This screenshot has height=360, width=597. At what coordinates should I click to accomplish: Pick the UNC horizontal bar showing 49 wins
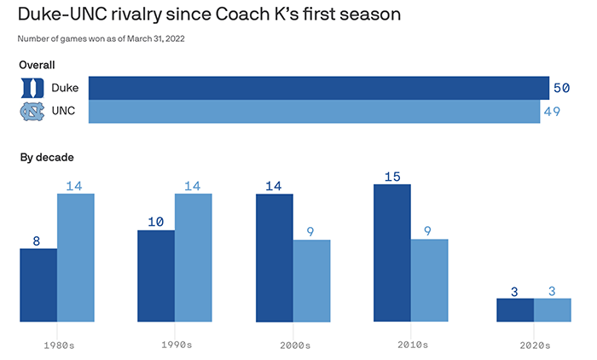315,111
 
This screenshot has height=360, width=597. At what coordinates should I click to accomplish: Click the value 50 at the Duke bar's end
560,88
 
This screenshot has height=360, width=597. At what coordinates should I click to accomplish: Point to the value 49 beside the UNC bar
551,111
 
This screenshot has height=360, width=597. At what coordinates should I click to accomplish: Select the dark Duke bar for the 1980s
38,285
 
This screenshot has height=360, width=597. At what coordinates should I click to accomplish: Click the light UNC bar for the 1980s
76,258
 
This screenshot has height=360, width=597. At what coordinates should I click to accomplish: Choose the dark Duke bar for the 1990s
156,276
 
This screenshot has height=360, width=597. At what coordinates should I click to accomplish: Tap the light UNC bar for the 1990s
194,258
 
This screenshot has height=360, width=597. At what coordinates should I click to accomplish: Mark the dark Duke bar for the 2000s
275,258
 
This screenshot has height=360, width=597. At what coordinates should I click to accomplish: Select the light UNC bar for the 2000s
312,281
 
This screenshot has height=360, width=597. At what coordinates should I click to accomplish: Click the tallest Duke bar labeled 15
392,253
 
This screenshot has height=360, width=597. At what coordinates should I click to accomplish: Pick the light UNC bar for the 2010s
430,281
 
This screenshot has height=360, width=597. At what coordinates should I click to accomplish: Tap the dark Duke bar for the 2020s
515,310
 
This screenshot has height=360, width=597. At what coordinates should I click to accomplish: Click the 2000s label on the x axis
293,345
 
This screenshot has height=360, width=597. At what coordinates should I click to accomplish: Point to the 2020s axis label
534,345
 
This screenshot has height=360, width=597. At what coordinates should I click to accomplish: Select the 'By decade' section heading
47,158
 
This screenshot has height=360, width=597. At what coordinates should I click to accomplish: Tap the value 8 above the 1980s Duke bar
37,241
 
